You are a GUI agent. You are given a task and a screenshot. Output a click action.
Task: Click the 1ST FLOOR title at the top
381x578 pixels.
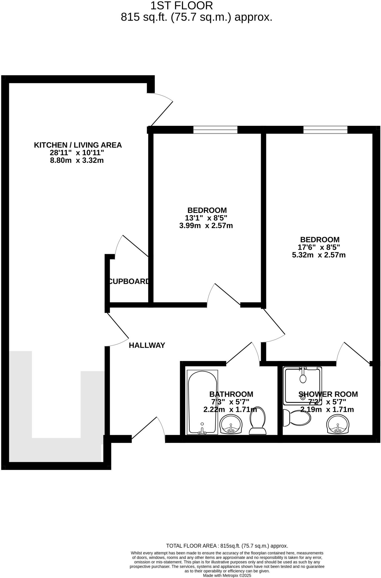(x=181, y=6)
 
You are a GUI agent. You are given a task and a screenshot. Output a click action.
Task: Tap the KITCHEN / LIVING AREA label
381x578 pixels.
(x=78, y=145)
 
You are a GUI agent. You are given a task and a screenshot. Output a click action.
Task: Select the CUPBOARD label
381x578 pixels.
(x=129, y=281)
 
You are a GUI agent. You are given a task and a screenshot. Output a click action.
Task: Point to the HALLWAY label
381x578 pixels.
(x=147, y=345)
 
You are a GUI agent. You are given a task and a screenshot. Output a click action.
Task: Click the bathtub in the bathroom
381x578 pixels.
(x=202, y=402)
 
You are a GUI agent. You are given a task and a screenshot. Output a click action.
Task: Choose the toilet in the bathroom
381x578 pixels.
(x=257, y=420)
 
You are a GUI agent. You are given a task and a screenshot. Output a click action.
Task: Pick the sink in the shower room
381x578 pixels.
(x=338, y=424)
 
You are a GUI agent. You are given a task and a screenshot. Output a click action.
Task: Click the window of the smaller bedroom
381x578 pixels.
(x=215, y=130)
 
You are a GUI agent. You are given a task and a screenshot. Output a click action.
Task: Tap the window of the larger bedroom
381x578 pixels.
(x=325, y=130)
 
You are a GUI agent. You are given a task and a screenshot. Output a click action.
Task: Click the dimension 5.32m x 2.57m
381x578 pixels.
(x=319, y=255)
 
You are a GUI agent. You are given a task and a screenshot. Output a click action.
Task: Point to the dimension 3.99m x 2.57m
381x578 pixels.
(x=206, y=226)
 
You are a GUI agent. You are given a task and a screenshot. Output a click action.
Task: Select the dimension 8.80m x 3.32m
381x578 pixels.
(x=77, y=161)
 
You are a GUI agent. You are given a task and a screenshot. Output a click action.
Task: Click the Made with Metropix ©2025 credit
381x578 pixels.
(x=227, y=575)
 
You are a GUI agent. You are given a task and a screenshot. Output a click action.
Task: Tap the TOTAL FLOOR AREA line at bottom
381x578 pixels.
(x=227, y=546)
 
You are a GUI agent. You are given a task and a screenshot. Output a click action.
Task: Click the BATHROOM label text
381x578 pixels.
(x=231, y=394)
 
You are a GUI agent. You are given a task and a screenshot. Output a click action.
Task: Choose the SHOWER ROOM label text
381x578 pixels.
(x=328, y=394)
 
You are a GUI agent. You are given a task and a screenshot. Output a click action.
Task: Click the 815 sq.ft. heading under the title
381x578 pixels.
(x=197, y=17)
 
